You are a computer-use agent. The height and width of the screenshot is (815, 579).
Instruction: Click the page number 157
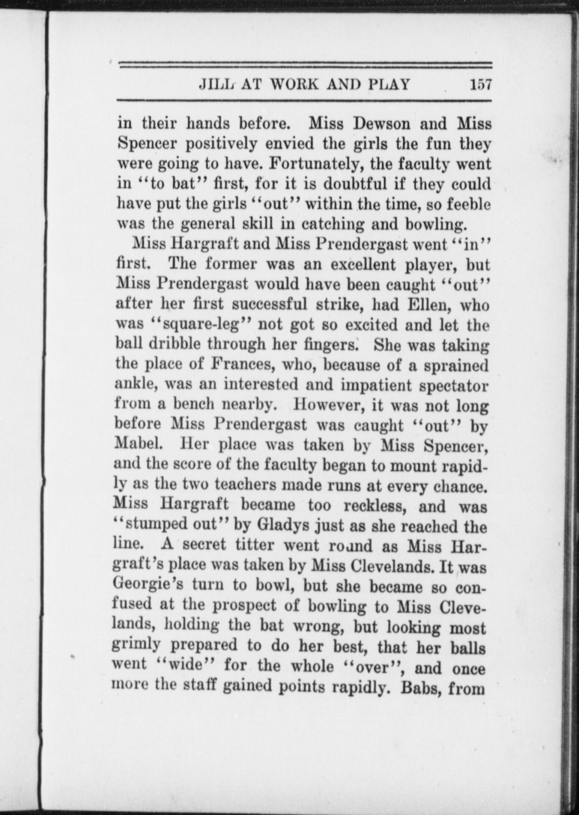[481, 85]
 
